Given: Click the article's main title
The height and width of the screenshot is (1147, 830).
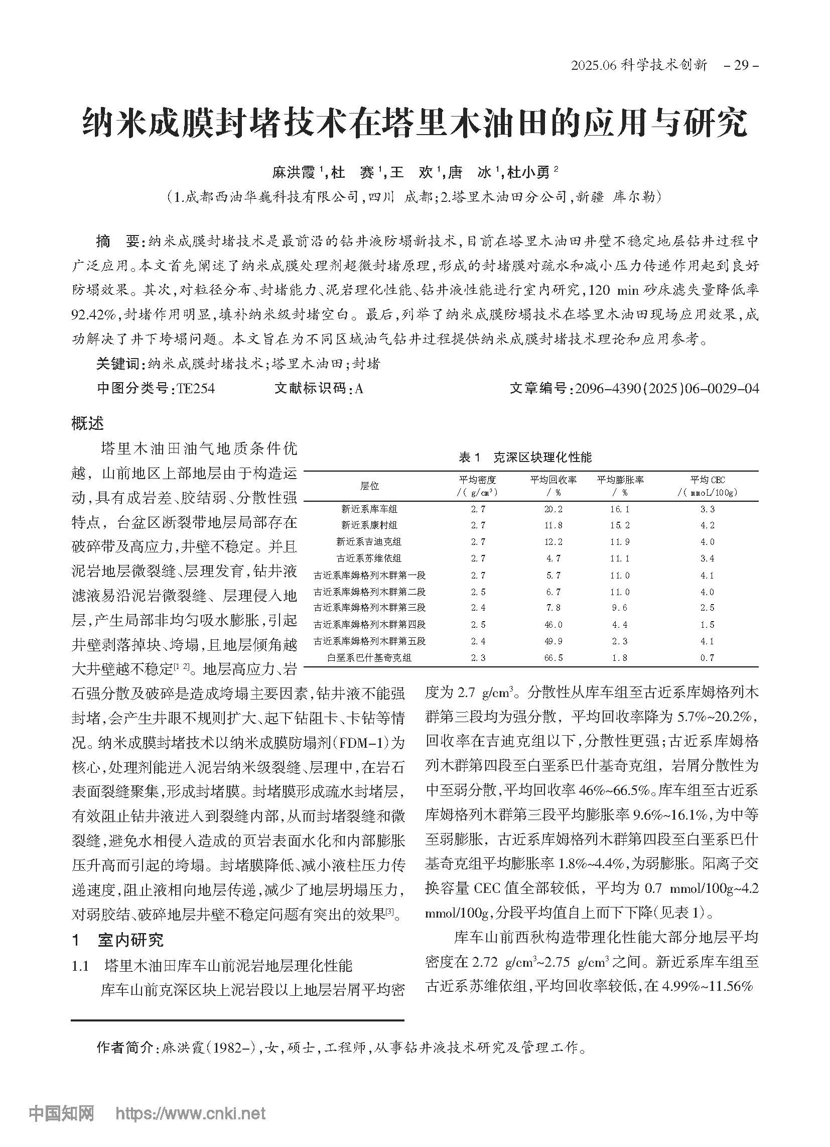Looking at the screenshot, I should click(414, 122).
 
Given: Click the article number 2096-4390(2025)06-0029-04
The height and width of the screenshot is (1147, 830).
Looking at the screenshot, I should click(667, 388).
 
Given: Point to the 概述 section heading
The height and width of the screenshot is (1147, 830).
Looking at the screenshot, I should click(87, 423).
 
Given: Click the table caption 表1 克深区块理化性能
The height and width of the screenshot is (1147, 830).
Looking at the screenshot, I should click(525, 457).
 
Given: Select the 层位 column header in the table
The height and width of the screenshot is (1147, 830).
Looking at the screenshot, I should click(369, 486).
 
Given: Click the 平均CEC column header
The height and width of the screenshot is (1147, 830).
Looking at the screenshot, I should click(707, 486).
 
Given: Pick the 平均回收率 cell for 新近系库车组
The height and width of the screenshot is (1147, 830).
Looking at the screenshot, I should click(553, 509).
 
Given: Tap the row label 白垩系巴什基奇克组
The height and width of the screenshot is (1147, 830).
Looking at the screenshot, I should click(369, 658).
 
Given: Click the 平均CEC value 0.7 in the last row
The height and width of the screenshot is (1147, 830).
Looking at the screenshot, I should click(707, 658).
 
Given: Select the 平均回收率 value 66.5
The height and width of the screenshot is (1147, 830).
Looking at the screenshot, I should click(553, 658).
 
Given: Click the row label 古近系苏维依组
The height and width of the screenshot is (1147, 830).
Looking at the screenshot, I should click(369, 559).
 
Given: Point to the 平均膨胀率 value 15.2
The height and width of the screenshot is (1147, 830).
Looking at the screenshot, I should click(620, 525).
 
